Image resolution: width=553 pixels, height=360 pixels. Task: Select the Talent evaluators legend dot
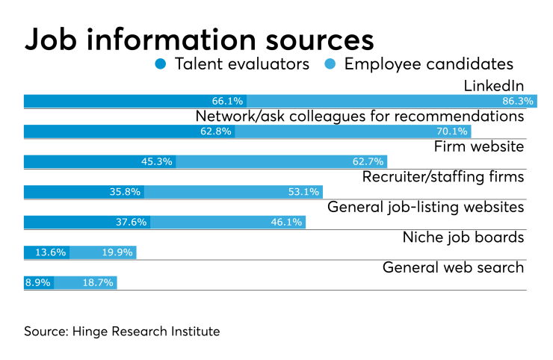(161, 64)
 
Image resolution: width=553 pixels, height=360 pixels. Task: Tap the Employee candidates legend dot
(331, 64)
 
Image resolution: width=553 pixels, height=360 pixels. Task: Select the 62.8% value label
(217, 131)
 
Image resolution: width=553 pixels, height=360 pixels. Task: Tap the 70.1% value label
(452, 131)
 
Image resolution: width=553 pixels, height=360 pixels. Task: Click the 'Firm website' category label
(479, 146)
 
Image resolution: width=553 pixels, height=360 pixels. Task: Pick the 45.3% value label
(157, 161)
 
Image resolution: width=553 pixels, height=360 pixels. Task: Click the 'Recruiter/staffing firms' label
(443, 177)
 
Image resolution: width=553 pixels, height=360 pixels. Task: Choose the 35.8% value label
(126, 192)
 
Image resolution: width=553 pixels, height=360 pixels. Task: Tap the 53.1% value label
(303, 192)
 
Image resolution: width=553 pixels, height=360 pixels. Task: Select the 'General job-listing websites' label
(426, 207)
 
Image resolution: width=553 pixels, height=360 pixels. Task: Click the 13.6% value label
(52, 252)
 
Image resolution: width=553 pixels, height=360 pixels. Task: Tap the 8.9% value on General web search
(37, 283)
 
